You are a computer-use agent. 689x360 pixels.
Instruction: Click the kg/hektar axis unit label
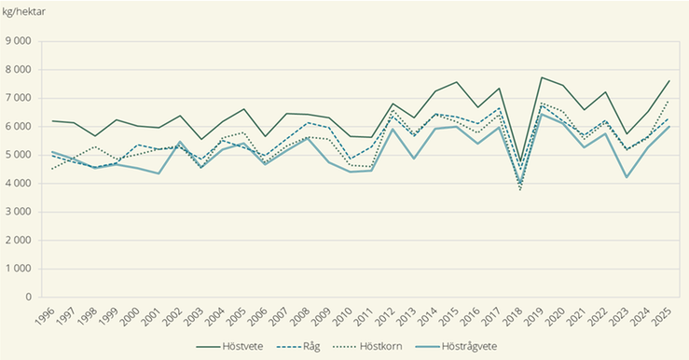click(25, 11)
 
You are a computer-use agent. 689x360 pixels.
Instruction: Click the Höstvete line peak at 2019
click(542, 77)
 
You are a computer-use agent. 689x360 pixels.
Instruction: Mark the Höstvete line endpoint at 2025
click(668, 81)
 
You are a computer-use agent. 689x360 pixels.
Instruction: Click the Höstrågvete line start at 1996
click(52, 152)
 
